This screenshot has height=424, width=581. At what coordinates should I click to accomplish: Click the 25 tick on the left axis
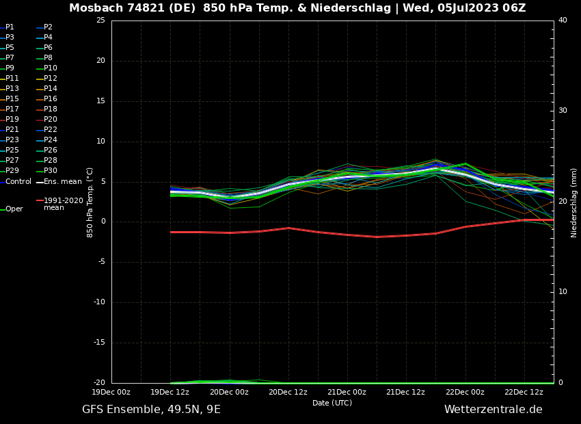click(100, 21)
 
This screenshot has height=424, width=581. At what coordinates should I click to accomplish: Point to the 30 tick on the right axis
click(563, 110)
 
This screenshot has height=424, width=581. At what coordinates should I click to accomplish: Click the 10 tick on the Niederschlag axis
click(563, 291)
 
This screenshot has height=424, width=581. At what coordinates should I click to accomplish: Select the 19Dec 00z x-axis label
click(111, 392)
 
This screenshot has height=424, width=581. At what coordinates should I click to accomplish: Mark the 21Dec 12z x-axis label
click(406, 392)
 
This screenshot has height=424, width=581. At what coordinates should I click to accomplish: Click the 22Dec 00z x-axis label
click(465, 392)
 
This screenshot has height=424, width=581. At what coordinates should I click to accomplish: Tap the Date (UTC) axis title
click(332, 403)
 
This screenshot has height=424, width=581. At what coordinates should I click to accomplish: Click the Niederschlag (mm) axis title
click(574, 202)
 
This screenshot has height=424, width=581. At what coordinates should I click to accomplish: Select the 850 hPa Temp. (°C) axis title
click(90, 202)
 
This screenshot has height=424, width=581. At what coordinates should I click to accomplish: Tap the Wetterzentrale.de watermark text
click(493, 410)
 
